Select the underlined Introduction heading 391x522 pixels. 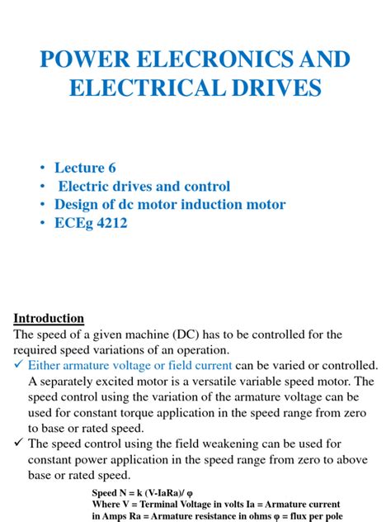(49, 318)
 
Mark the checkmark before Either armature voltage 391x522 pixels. (18, 365)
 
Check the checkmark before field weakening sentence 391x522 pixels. (18, 444)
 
